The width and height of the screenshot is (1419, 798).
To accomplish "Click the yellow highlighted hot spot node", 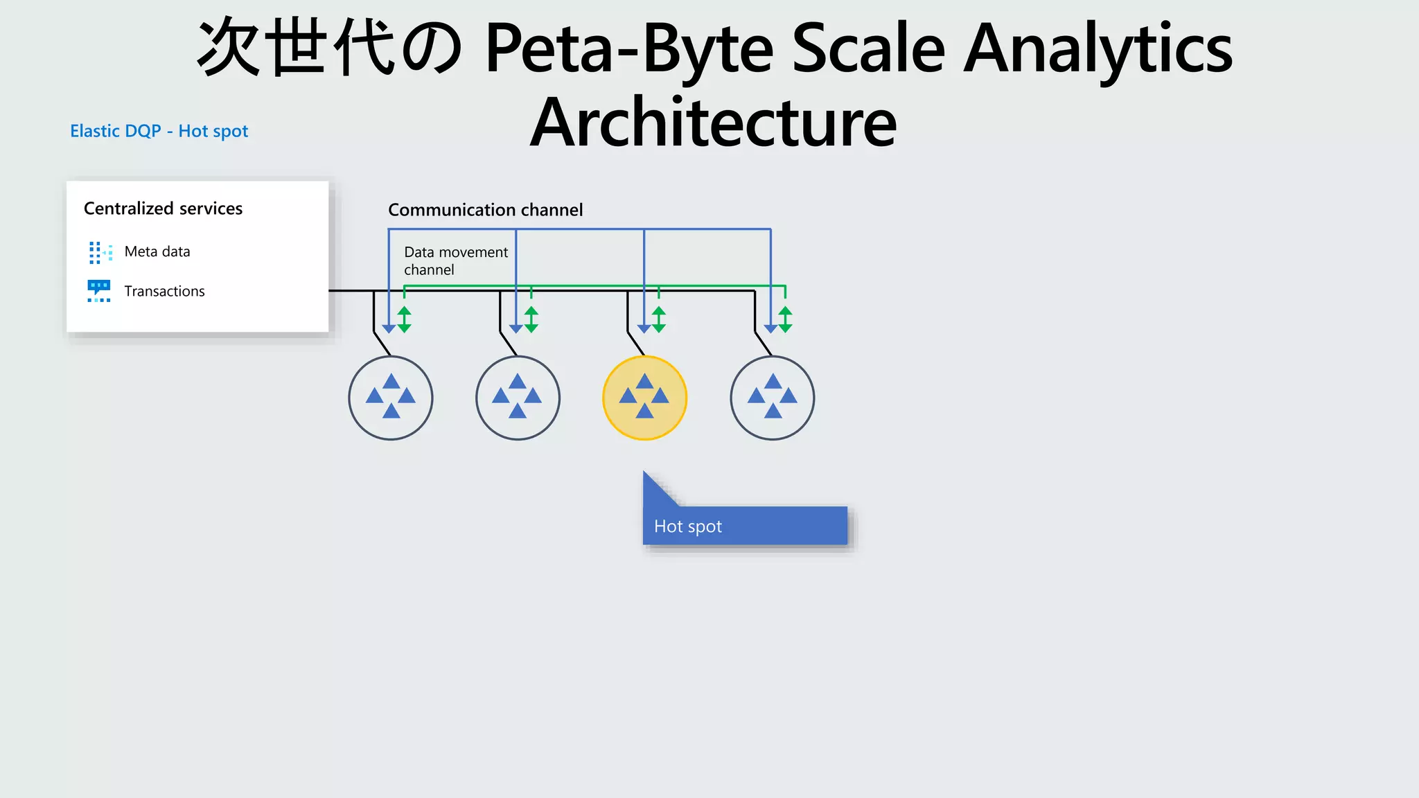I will point(644,398).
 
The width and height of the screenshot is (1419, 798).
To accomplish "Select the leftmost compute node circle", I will point(391,398).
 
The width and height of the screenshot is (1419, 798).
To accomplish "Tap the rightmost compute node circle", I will point(772,398).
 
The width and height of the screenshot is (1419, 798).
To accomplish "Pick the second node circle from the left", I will point(518,398).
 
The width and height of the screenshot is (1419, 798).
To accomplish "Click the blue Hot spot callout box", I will point(745,526).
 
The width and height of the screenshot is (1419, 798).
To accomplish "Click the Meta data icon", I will point(100,252).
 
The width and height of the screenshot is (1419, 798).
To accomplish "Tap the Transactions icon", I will point(99,291).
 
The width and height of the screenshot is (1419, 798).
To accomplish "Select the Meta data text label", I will point(157,251).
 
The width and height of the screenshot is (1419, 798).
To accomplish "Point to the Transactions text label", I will point(164,291).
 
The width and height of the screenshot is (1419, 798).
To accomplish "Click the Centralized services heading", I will point(163,209).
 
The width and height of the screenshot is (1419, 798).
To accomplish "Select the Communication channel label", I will point(485,210).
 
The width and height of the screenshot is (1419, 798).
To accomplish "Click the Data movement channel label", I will point(455,261).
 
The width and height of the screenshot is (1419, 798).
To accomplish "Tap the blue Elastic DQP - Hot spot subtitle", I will point(159,131).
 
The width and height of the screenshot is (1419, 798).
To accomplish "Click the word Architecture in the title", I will point(713,123).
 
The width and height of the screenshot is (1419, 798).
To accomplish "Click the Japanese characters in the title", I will point(330,48).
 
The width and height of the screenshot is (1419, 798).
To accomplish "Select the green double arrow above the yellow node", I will point(659,319).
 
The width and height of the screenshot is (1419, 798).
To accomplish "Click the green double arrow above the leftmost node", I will point(405,319).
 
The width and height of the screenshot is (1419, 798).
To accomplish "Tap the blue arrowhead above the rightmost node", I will point(770,329).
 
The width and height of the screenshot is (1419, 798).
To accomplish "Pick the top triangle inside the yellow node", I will point(644,381).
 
